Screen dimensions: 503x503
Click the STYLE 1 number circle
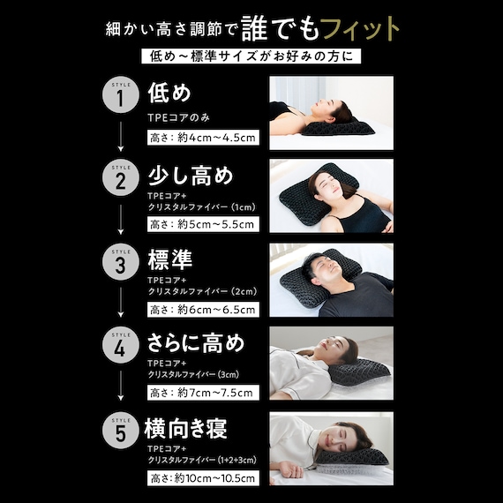pos(121,94)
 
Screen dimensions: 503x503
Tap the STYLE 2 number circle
pos(121,177)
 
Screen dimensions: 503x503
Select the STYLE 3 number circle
pos(121,262)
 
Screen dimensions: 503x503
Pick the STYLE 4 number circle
pos(121,345)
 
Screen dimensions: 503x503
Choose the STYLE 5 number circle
pos(121,431)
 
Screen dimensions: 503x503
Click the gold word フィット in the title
pos(361,28)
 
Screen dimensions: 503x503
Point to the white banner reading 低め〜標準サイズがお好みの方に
pos(251,56)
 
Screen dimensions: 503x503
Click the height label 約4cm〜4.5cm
pos(203,138)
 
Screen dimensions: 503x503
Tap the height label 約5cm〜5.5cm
pos(203,224)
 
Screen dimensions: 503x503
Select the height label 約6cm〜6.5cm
pos(203,310)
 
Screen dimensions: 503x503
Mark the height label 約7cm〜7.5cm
pos(203,393)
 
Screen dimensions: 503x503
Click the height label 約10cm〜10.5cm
pos(203,478)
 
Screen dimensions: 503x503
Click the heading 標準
pos(170,259)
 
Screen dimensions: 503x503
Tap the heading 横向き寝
pos(185,429)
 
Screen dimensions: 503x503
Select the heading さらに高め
pos(196,343)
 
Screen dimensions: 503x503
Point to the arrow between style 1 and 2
pos(121,137)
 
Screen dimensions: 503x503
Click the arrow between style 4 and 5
pos(121,386)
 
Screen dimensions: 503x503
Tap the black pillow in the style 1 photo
pos(338,128)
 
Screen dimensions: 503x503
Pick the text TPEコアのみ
pos(178,117)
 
